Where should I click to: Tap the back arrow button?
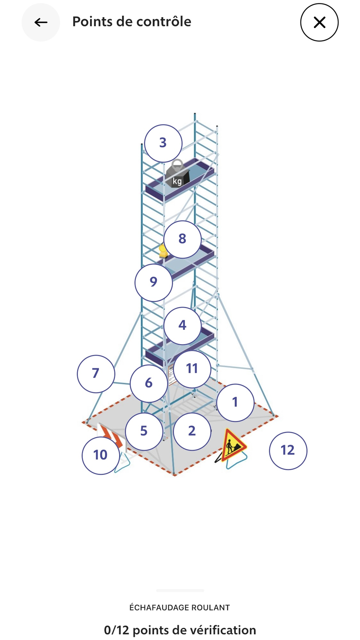[41, 22]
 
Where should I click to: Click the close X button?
[319, 22]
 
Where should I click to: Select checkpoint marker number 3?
[163, 143]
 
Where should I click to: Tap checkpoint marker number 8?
[183, 239]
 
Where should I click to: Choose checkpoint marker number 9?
[154, 282]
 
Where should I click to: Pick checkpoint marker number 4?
[183, 325]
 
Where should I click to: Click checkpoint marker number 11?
[192, 369]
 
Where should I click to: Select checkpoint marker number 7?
[96, 374]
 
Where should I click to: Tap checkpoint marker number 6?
[149, 383]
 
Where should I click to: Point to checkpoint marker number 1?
[235, 402]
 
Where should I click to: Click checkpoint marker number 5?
[144, 431]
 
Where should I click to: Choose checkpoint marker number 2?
[192, 431]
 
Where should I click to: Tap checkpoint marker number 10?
[100, 455]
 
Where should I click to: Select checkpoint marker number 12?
[288, 451]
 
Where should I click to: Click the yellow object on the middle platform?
[163, 251]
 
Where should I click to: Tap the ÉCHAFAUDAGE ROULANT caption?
[180, 608]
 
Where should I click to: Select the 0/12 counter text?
[116, 630]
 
